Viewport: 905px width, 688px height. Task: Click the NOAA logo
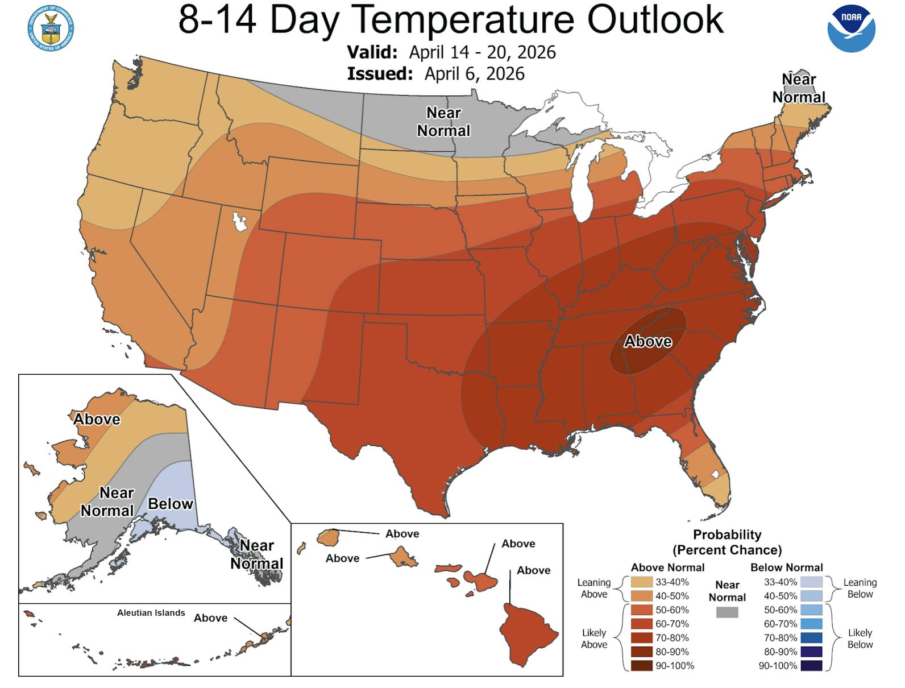[851, 28]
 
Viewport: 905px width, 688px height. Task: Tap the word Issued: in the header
[380, 74]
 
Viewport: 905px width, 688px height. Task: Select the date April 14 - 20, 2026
[482, 52]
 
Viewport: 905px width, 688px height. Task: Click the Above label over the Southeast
[648, 341]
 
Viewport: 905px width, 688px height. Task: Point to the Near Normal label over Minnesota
[443, 122]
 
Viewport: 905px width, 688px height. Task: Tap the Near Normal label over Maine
[799, 88]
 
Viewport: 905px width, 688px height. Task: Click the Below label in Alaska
[171, 504]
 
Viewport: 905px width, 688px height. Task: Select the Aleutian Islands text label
[151, 613]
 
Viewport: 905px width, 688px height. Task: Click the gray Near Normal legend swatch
[727, 612]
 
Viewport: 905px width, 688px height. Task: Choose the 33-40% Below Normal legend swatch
[811, 582]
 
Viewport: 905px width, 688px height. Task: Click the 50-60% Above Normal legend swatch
[641, 610]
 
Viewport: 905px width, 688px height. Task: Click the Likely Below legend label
[860, 639]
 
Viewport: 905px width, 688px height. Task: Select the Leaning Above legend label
[594, 588]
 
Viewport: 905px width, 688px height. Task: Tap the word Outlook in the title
[655, 20]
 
